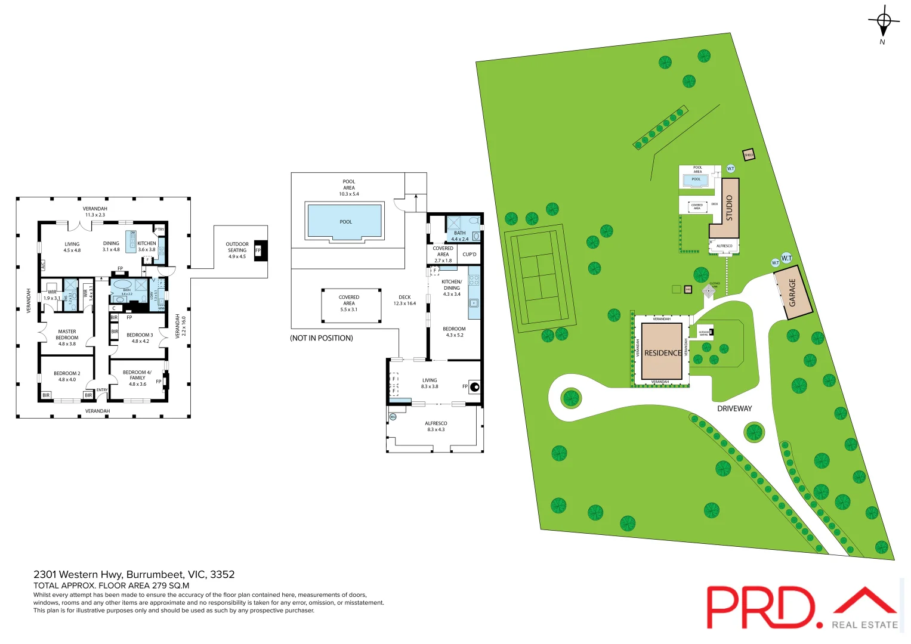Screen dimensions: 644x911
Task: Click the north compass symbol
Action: (884, 22)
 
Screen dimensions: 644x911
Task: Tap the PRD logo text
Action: (760, 607)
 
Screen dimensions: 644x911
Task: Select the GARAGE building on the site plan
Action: (793, 293)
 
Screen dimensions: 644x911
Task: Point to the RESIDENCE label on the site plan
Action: (662, 353)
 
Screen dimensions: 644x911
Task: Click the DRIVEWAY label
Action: (734, 408)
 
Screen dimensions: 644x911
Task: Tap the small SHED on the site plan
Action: (748, 155)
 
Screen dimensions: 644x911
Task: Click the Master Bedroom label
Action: (67, 338)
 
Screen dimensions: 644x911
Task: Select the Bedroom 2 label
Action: (67, 376)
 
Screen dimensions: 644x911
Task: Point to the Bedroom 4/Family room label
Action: (137, 378)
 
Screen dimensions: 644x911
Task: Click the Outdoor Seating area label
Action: (237, 250)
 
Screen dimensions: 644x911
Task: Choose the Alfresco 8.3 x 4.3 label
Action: (436, 426)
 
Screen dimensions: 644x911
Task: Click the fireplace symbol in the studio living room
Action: (475, 387)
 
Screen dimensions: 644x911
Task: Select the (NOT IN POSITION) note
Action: (322, 338)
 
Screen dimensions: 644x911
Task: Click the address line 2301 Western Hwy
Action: (134, 574)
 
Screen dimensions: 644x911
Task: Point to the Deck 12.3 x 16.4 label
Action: (404, 300)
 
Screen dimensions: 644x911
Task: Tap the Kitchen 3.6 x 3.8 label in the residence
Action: (146, 246)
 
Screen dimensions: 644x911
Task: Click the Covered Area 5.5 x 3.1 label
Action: (349, 303)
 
